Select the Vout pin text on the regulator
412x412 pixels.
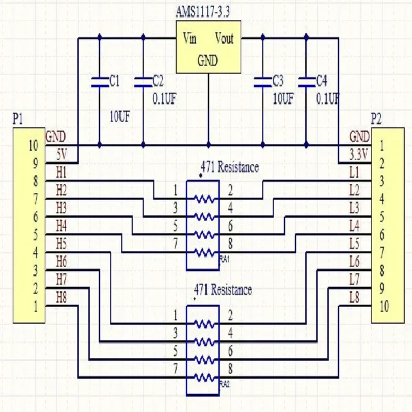pyautogui.click(x=224, y=39)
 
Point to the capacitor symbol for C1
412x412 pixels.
pyautogui.click(x=99, y=81)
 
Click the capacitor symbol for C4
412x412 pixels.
pyautogui.click(x=306, y=81)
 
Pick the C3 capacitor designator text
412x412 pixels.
pyautogui.click(x=278, y=80)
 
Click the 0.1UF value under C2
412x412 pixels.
pyautogui.click(x=165, y=98)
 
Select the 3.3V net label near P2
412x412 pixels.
pyautogui.click(x=359, y=154)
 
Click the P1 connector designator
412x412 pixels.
pyautogui.click(x=18, y=119)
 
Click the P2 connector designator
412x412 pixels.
pyautogui.click(x=376, y=119)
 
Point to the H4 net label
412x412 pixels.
pyautogui.click(x=61, y=225)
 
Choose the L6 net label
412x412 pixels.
pyautogui.click(x=354, y=262)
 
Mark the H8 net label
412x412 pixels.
pyautogui.click(x=61, y=297)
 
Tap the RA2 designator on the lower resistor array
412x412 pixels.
pyautogui.click(x=224, y=384)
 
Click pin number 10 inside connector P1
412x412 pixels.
pyautogui.click(x=33, y=146)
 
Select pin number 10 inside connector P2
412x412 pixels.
pyautogui.click(x=384, y=307)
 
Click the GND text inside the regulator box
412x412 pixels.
pyautogui.click(x=208, y=61)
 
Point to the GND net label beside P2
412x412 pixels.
pyautogui.click(x=359, y=137)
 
